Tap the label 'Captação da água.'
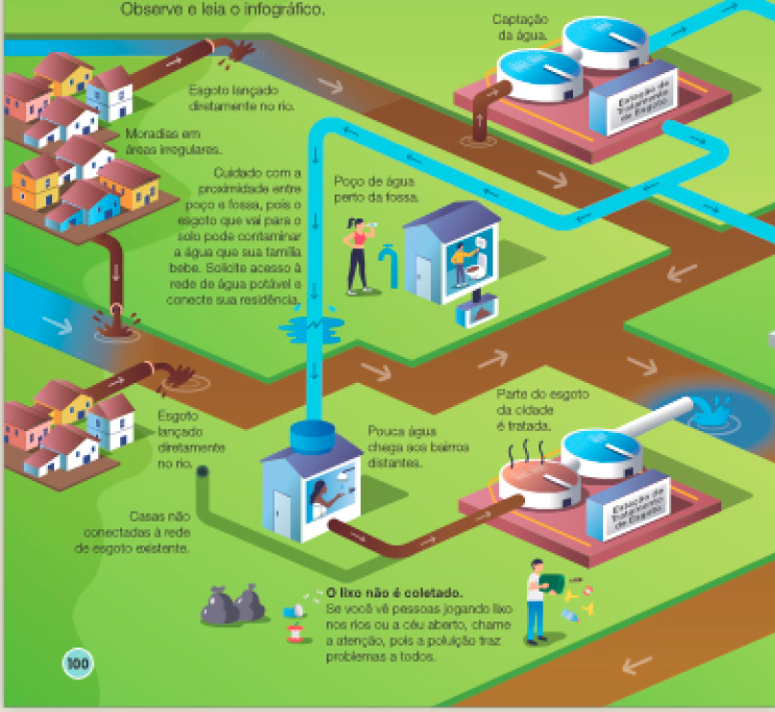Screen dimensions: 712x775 [x=520, y=27]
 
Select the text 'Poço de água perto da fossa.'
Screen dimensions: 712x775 [x=377, y=189]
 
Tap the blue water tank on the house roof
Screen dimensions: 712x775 [x=312, y=437]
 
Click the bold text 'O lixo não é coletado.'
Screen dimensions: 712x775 [x=394, y=594]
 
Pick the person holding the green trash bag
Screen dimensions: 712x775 [x=536, y=601]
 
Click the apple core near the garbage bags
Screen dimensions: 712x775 [x=295, y=632]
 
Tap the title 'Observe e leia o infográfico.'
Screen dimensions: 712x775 [x=223, y=11]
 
